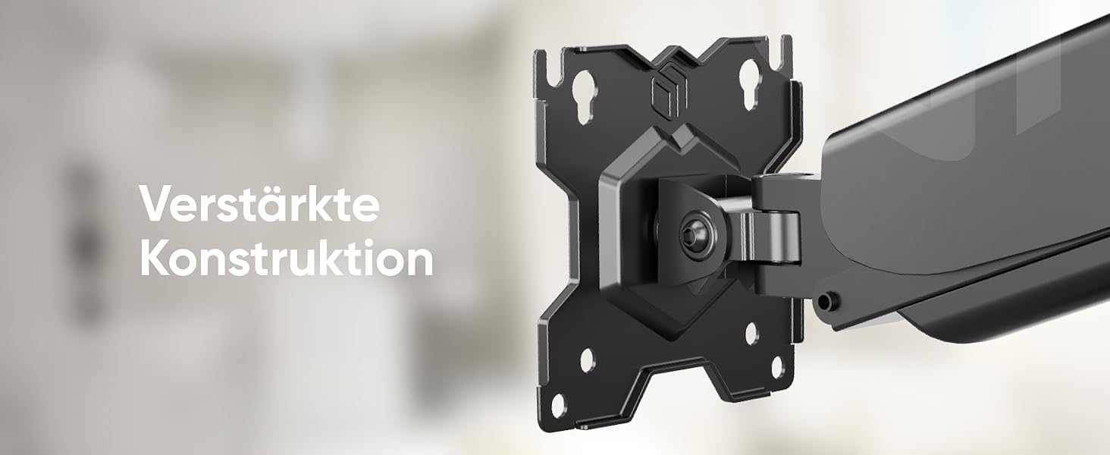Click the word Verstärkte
point(259,204)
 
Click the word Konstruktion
point(287,259)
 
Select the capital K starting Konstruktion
point(155,259)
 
